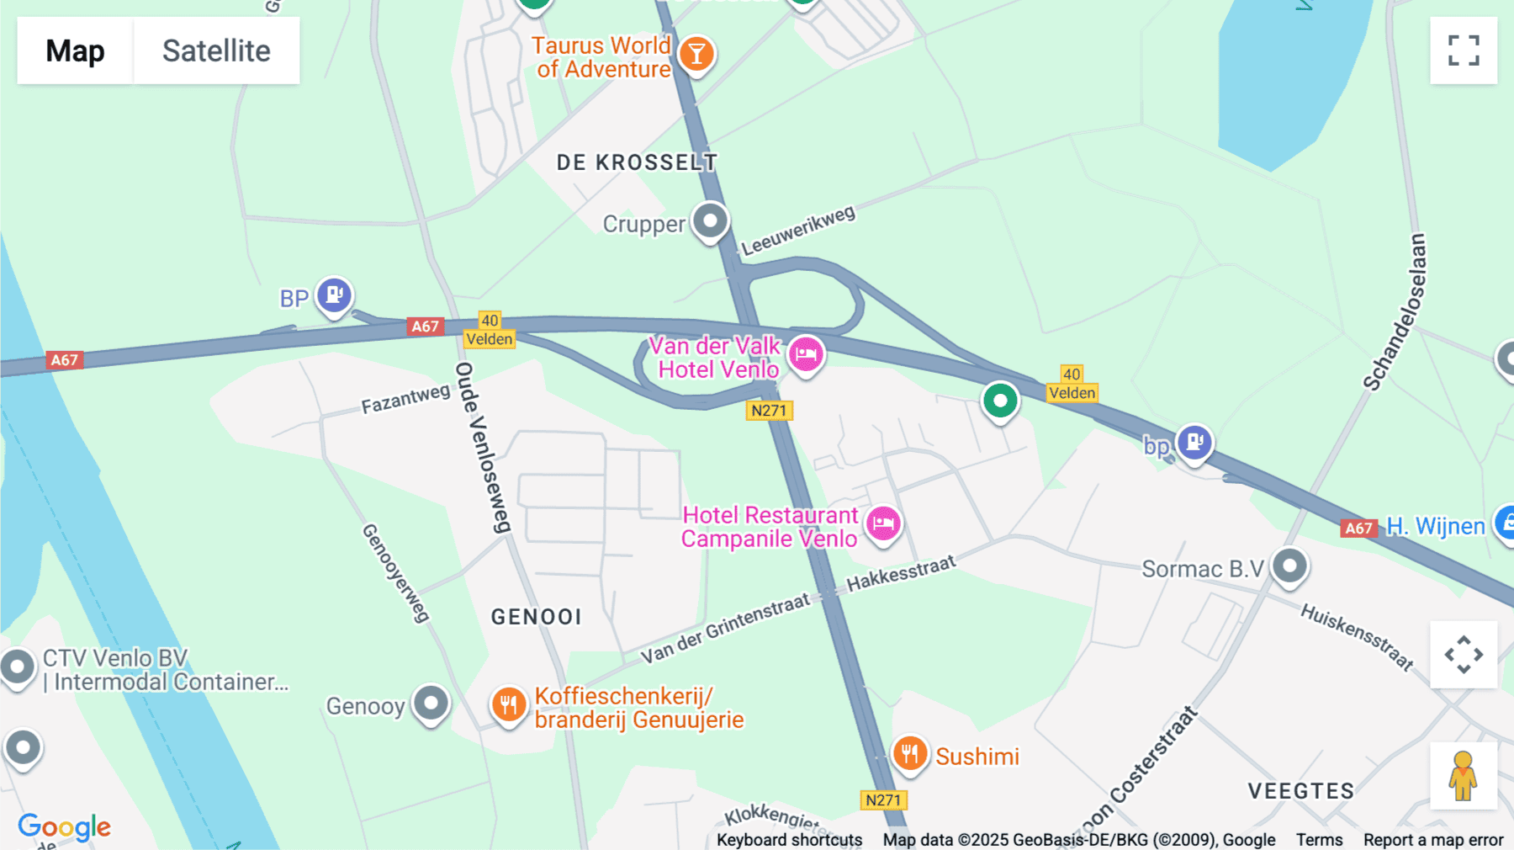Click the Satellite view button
point(216,50)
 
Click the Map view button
point(75,50)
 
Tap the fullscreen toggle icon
point(1464,50)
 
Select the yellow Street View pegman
point(1463,775)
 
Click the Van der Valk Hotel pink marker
point(806,353)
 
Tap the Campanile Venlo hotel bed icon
point(883,523)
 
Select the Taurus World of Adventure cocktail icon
point(696,55)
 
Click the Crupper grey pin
point(710,220)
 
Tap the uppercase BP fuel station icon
point(334,295)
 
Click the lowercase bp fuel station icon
point(1194,441)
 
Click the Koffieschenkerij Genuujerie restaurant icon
point(509,704)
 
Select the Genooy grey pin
point(431,702)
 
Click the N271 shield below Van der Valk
point(769,411)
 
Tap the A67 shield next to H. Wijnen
point(1358,529)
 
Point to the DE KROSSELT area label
point(637,162)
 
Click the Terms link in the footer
point(1319,839)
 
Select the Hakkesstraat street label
point(901,573)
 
